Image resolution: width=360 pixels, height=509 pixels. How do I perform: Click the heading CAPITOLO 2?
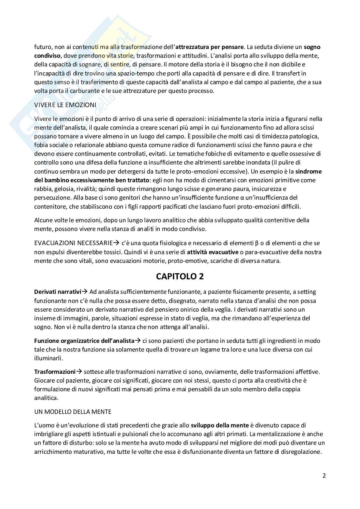click(x=180, y=276)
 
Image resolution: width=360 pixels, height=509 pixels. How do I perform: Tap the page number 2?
click(x=324, y=475)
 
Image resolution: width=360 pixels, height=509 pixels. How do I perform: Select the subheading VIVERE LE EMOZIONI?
click(x=65, y=105)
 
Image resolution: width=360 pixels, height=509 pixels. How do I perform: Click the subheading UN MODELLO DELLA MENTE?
click(x=73, y=412)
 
